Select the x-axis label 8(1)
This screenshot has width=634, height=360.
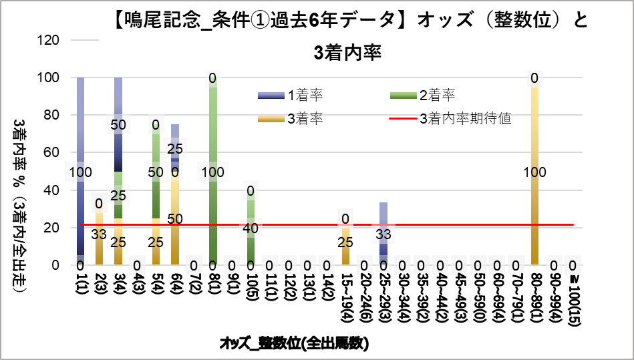tap(213, 287)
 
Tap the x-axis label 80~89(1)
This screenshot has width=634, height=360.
tap(535, 295)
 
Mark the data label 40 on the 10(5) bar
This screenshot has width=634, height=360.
tap(251, 228)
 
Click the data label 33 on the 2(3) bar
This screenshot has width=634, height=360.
tap(99, 234)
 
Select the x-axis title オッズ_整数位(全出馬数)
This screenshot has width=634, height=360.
tap(294, 344)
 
